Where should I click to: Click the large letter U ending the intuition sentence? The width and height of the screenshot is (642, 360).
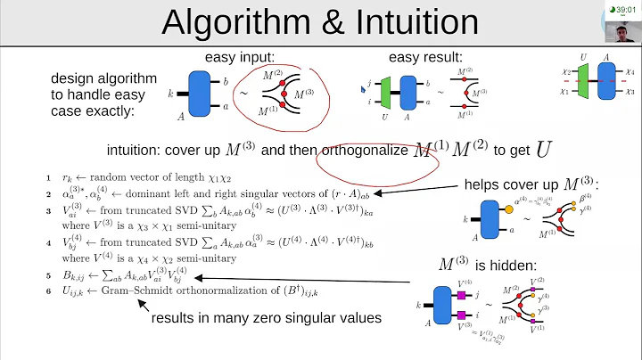point(543,148)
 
